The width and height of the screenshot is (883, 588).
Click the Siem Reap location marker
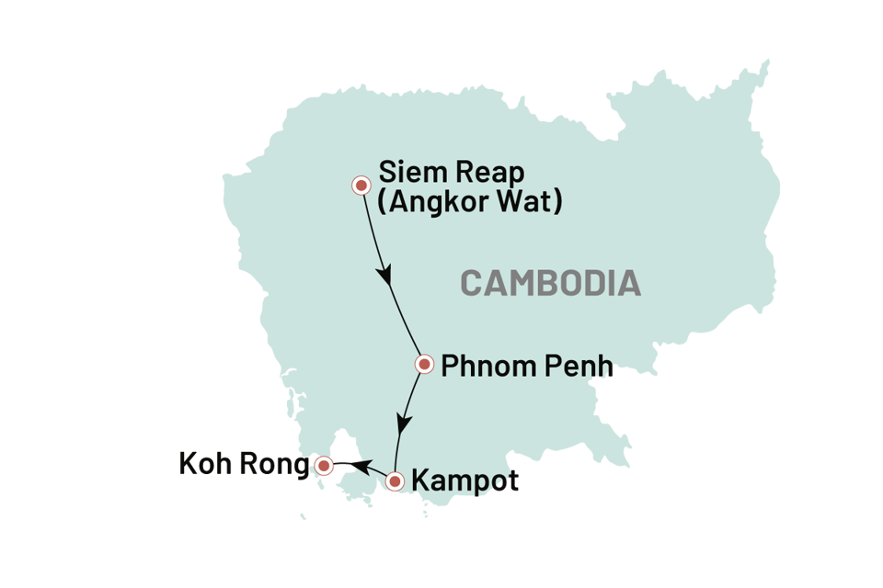click(x=361, y=186)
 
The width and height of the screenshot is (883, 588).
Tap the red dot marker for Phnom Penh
click(x=424, y=365)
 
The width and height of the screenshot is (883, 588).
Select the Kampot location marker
click(x=395, y=480)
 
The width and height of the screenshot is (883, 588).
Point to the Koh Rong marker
click(x=324, y=466)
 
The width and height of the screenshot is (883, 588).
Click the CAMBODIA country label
click(x=550, y=283)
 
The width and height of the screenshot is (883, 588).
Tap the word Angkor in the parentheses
click(x=437, y=201)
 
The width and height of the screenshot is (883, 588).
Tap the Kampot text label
click(x=464, y=481)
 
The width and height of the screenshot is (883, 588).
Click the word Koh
click(x=206, y=465)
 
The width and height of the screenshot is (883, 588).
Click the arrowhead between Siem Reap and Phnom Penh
click(x=386, y=276)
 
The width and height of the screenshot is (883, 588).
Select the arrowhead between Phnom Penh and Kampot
click(x=402, y=424)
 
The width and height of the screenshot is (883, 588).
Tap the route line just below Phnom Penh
click(x=414, y=390)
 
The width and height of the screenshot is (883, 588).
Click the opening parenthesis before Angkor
click(x=384, y=201)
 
